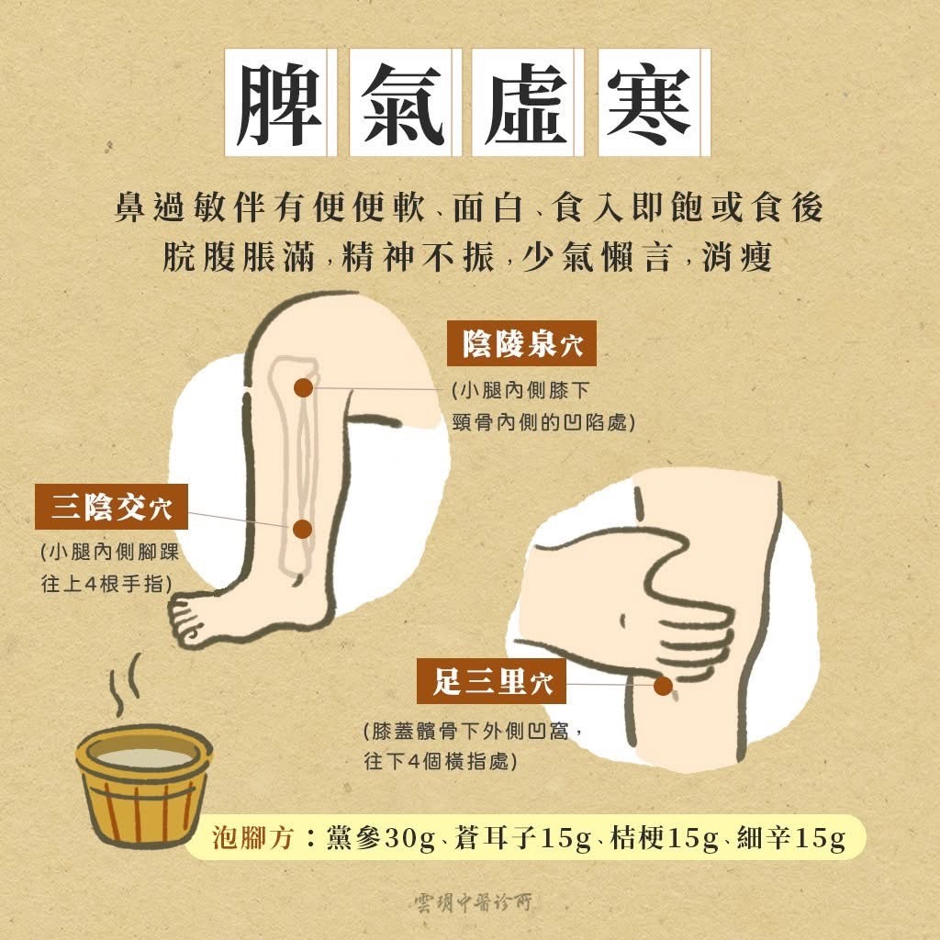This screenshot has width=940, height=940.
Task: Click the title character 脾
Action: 279,103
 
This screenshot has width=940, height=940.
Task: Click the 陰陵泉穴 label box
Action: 521,343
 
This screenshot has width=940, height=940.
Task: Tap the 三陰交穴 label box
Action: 111,507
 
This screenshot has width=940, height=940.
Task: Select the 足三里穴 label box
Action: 492,681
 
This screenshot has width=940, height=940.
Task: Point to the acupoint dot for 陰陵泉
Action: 304,388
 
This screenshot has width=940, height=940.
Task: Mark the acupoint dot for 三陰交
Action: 303,530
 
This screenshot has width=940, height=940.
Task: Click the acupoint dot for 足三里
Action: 663,686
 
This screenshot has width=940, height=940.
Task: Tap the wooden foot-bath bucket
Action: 144,786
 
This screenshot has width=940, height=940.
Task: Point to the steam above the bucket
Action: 125,683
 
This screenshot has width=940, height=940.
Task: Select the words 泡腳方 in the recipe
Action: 253,837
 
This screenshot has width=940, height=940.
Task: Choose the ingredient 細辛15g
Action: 791,837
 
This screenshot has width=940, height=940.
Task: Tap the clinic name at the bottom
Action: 473,901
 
